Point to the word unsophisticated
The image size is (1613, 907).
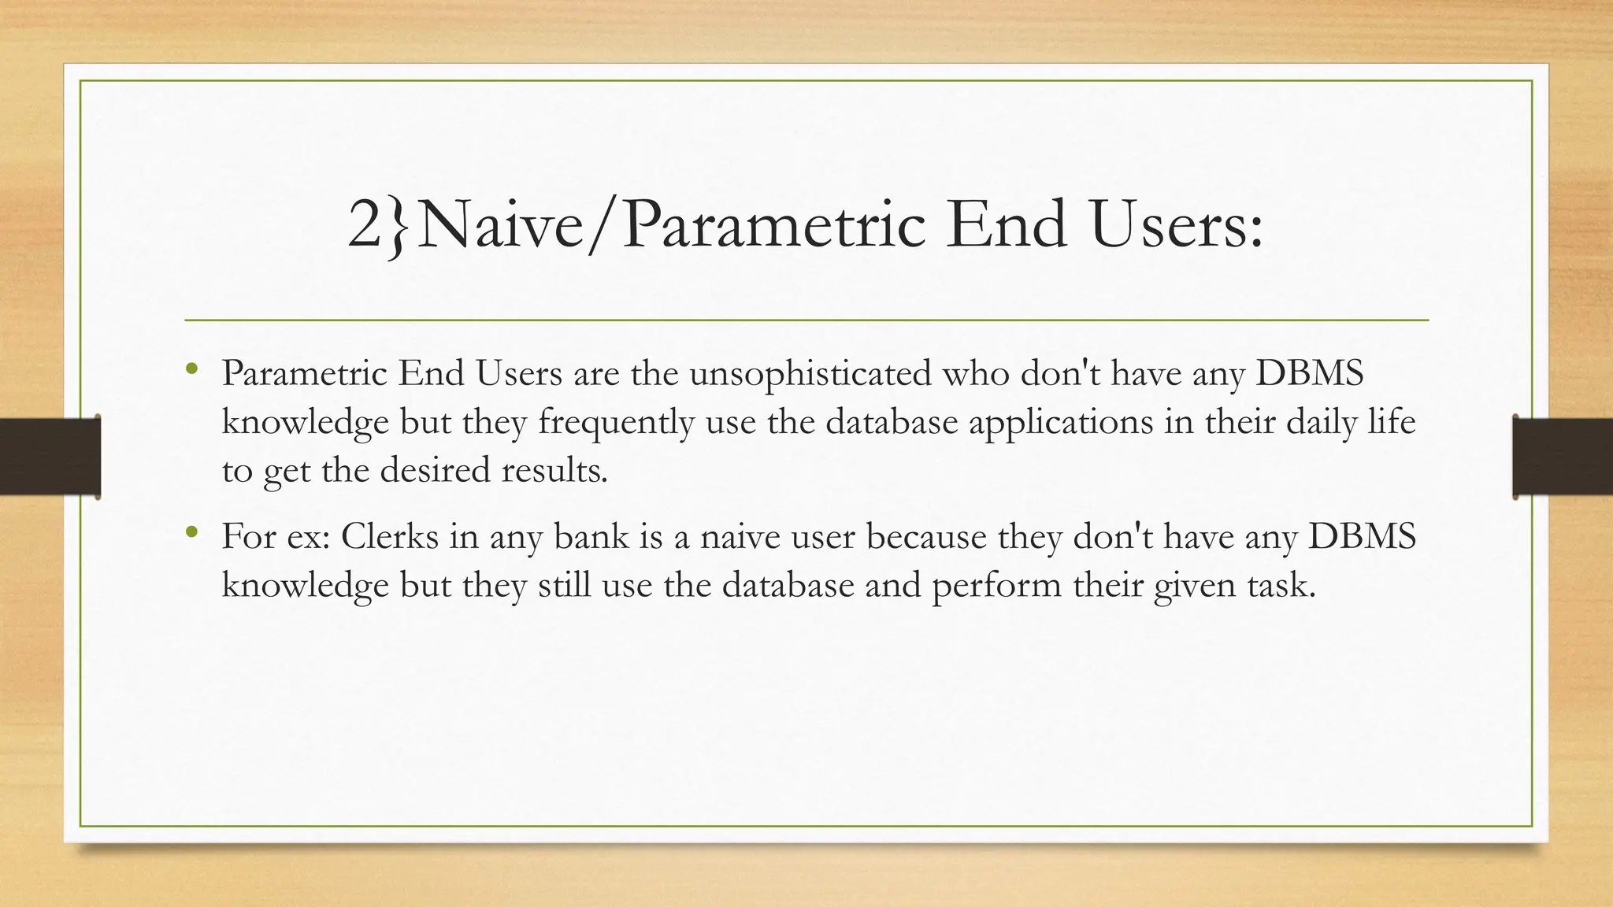point(810,373)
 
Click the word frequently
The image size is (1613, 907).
point(616,423)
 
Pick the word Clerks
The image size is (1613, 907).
point(389,537)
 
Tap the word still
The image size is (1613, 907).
point(564,585)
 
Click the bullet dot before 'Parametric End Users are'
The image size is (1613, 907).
point(191,368)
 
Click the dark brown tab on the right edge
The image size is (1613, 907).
point(1563,456)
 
